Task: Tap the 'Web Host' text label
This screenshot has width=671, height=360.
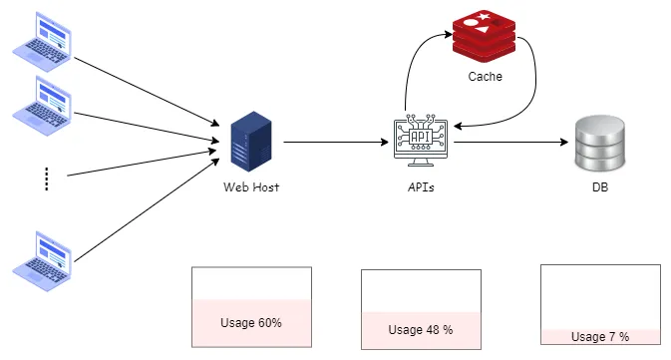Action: [251, 186]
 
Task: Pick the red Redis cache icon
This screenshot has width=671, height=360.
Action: [485, 37]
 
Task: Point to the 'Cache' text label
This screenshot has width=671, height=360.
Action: [485, 77]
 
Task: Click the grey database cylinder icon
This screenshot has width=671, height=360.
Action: [601, 143]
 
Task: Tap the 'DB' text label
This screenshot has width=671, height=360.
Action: [600, 186]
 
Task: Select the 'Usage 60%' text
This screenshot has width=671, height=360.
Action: [251, 323]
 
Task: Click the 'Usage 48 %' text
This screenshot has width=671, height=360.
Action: [421, 329]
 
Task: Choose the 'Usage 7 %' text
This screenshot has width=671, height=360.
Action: [600, 337]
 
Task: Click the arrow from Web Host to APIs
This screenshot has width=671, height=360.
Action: [334, 143]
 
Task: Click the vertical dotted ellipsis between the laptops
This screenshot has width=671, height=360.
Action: [46, 179]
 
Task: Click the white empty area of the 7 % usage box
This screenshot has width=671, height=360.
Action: [600, 295]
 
